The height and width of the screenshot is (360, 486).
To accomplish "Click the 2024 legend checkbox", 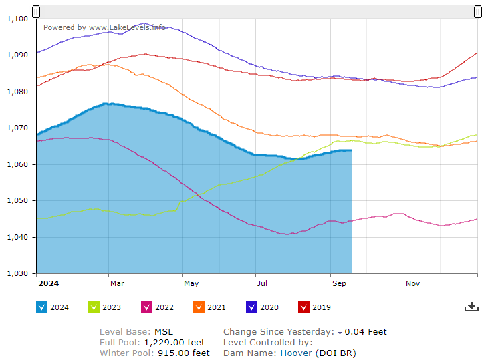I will point(41,307).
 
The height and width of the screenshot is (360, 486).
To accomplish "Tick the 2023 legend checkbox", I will point(94,307).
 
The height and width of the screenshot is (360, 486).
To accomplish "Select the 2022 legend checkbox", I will point(147,307).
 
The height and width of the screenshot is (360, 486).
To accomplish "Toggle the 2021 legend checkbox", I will point(199,307).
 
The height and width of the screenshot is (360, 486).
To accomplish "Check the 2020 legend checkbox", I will point(252,307).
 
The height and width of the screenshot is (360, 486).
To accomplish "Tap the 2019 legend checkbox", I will point(304,307).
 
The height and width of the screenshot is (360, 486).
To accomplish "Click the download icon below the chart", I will point(471,307).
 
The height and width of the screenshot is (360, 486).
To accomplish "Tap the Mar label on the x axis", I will point(117,283).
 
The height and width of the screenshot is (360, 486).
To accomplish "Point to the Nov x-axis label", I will point(412,283).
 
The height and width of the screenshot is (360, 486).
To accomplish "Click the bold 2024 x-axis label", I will point(48,283).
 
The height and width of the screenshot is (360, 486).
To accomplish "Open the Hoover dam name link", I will point(295,353).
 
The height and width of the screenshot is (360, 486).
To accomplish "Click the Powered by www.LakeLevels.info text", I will point(104,27).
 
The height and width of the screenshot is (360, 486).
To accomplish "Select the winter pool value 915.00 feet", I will point(184,353).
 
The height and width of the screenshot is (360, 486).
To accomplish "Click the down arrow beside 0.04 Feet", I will point(340,331).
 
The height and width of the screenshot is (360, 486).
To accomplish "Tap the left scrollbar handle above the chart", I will point(36,11).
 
